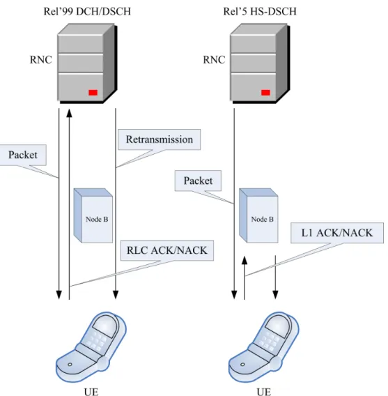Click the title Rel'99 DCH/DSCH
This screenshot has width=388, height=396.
pyautogui.click(x=87, y=12)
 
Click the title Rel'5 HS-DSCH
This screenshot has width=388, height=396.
pyautogui.click(x=260, y=12)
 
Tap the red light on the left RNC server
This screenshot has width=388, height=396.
pyautogui.click(x=93, y=93)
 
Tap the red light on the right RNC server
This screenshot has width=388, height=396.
pyautogui.click(x=265, y=93)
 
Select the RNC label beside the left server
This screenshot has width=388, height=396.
pyautogui.click(x=41, y=60)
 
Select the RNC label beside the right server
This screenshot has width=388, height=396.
pyautogui.click(x=214, y=60)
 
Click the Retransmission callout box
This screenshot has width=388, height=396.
pyautogui.click(x=160, y=139)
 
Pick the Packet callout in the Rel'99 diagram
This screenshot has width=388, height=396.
pyautogui.click(x=23, y=155)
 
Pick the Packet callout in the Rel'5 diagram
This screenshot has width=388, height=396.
pyautogui.click(x=198, y=181)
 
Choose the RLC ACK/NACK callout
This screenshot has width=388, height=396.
pyautogui.click(x=167, y=250)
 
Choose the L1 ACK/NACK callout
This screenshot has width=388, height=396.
pyautogui.click(x=337, y=233)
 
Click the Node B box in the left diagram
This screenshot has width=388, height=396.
pyautogui.click(x=93, y=215)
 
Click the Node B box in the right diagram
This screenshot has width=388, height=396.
pyautogui.click(x=258, y=215)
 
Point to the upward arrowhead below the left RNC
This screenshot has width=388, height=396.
pyautogui.click(x=69, y=113)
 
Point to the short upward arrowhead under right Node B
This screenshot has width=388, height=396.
pyautogui.click(x=245, y=260)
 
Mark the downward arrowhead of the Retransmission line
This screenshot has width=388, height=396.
pyautogui.click(x=116, y=295)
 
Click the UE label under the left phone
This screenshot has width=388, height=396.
pyautogui.click(x=91, y=392)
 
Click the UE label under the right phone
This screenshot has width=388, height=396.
pyautogui.click(x=264, y=392)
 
